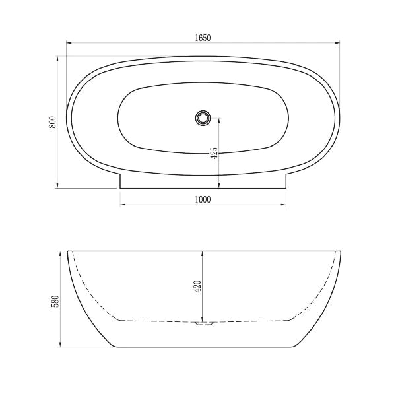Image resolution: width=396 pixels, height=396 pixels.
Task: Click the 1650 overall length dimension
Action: click(203, 38)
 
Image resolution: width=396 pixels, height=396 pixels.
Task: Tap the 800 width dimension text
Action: click(52, 122)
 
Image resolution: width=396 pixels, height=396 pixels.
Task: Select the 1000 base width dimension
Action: click(203, 200)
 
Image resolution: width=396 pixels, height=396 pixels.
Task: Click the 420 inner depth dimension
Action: click(197, 286)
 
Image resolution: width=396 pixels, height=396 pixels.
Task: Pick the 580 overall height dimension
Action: click(55, 302)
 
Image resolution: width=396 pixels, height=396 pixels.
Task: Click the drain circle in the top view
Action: click(203, 117)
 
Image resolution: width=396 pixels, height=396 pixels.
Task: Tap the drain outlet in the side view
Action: click(205, 323)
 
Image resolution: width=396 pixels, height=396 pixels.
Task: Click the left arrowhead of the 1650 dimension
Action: click(69, 43)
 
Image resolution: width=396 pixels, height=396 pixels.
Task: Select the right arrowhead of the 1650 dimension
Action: click(337, 43)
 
